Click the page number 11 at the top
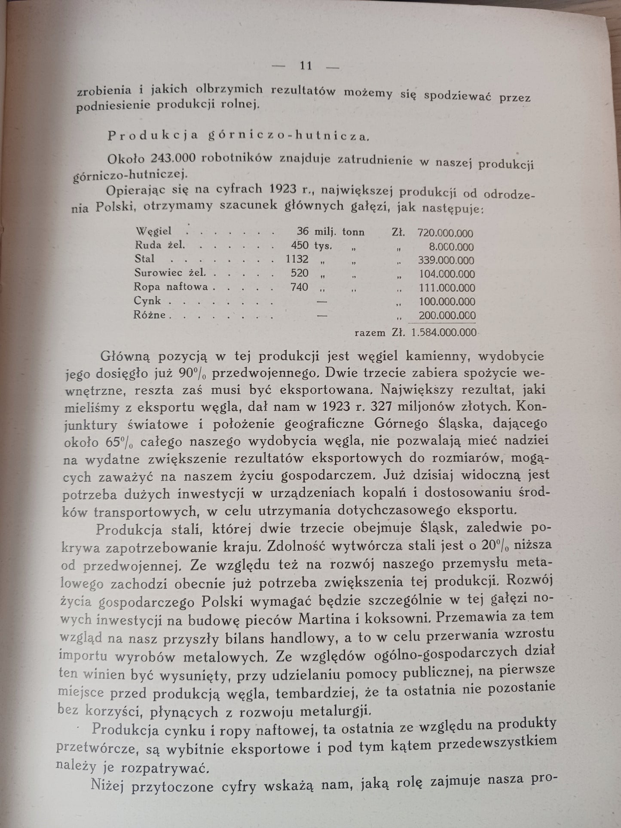(x=306, y=66)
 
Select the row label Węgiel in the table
(x=153, y=231)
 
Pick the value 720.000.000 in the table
(x=445, y=233)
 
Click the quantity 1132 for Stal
(x=297, y=259)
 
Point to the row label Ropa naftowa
(x=171, y=287)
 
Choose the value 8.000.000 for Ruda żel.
(x=452, y=247)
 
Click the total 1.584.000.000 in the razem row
(x=444, y=333)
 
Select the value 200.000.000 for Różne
(x=447, y=315)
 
